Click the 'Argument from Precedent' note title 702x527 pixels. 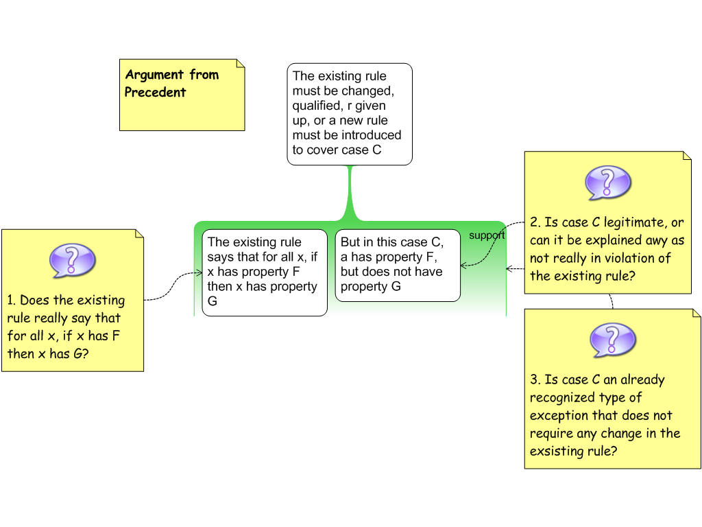pos(171,83)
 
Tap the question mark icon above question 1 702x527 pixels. pos(72,260)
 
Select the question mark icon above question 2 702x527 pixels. pos(607,183)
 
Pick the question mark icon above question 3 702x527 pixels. pos(612,340)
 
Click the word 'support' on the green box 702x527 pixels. pos(487,235)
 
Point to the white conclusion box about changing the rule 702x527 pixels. pos(349,114)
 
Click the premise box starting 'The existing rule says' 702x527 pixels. pos(264,272)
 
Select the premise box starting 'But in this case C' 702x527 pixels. pos(397,265)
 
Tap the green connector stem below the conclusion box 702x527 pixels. pos(350,191)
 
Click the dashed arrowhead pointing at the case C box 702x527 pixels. pos(464,265)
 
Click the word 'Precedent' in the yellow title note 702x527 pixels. pos(156,92)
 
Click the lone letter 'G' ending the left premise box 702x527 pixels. pos(213,301)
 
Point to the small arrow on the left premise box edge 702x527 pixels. pos(197,272)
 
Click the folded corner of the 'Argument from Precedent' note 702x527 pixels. pos(240,64)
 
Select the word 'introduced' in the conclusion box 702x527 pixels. pos(372,135)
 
